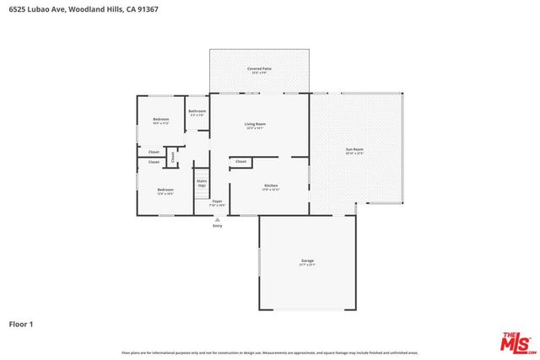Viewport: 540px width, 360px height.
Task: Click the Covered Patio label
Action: coord(259,68)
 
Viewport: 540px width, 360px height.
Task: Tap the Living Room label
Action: coord(256,125)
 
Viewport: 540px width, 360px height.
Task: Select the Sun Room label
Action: coord(354,149)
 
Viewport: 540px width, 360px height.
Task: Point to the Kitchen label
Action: coord(271,185)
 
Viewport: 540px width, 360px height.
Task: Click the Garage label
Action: coord(307,261)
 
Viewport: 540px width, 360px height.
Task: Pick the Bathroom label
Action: coord(197,111)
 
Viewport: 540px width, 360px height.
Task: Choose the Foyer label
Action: coord(217,201)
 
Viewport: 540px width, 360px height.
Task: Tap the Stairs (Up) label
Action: coord(202,182)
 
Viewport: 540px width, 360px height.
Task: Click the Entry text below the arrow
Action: coord(218,226)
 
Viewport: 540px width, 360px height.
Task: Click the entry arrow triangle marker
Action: coord(218,218)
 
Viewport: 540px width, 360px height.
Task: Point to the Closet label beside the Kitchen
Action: coord(240,161)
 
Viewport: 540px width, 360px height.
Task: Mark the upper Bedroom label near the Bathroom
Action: coord(161,120)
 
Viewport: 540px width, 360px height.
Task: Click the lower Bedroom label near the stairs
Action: coord(165,190)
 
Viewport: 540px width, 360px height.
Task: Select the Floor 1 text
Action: coord(21,323)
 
